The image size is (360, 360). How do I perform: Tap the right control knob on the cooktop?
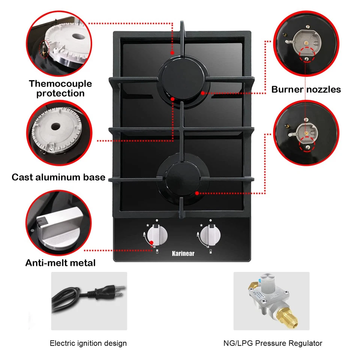pos(209,236)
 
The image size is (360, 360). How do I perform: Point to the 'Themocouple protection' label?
pos(60,88)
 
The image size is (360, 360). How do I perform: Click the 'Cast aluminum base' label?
pos(58,177)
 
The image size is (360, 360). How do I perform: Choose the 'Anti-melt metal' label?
pos(60,263)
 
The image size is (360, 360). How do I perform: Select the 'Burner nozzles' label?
pos(306,89)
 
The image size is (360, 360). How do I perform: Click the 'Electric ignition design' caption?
pos(88,343)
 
